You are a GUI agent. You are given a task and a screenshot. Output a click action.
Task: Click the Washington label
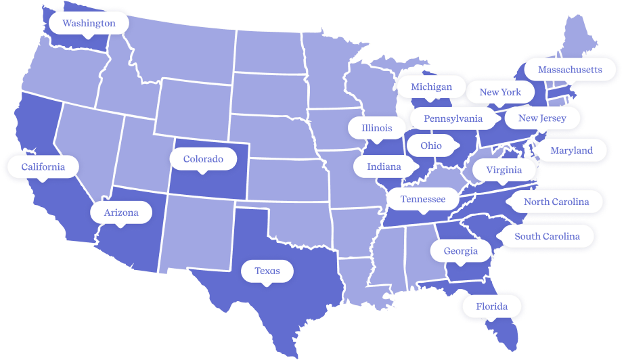pyautogui.click(x=89, y=23)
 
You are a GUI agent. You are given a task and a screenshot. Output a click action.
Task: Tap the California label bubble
pyautogui.click(x=43, y=166)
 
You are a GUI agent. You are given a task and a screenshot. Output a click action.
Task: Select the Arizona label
pyautogui.click(x=121, y=212)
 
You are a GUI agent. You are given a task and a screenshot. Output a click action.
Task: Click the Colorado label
pyautogui.click(x=203, y=159)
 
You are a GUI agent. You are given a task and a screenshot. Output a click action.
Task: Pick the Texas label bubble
pyautogui.click(x=267, y=271)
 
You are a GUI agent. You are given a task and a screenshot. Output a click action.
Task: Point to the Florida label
pyautogui.click(x=491, y=307)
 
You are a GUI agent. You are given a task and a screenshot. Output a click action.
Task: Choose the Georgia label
pyautogui.click(x=461, y=251)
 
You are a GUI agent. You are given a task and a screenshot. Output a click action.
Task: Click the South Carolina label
pyautogui.click(x=547, y=236)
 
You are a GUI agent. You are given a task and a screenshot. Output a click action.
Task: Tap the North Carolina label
pyautogui.click(x=556, y=202)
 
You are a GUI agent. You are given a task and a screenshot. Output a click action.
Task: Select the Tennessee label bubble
pyautogui.click(x=423, y=199)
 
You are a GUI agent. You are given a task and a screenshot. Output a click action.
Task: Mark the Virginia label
pyautogui.click(x=504, y=170)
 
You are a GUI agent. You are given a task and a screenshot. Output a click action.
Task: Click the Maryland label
pyautogui.click(x=571, y=150)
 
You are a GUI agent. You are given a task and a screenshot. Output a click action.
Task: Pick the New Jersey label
pyautogui.click(x=542, y=118)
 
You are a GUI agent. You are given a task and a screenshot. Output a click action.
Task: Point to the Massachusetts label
pyautogui.click(x=569, y=70)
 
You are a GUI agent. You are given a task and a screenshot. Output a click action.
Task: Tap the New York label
pyautogui.click(x=500, y=92)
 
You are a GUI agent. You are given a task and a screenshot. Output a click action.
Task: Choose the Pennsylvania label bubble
pyautogui.click(x=453, y=118)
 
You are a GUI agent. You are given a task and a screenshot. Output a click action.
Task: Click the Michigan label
pyautogui.click(x=431, y=87)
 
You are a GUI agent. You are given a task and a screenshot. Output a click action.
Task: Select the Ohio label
pyautogui.click(x=431, y=145)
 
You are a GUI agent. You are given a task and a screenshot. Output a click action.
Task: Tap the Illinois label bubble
pyautogui.click(x=376, y=128)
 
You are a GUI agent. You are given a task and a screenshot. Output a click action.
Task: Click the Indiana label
pyautogui.click(x=384, y=166)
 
